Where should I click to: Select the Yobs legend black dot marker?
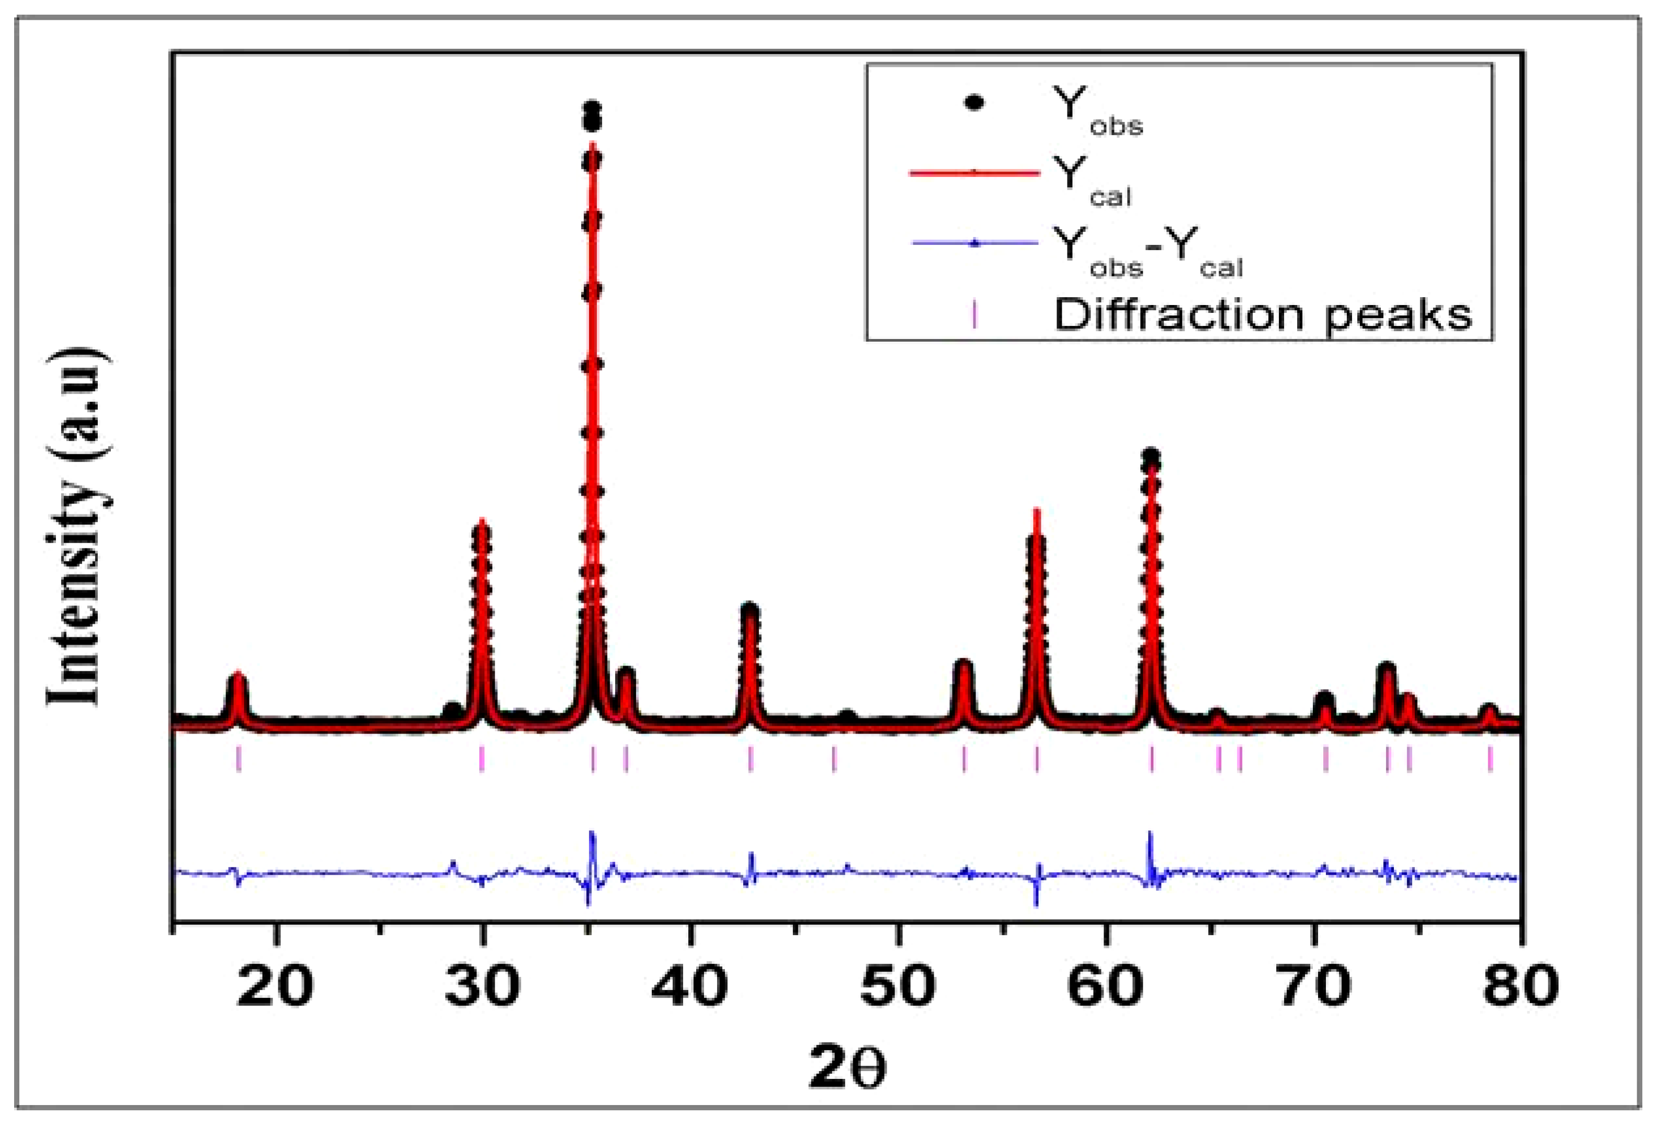pos(974,104)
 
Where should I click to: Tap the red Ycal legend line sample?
pos(974,173)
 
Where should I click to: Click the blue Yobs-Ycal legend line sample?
pos(974,243)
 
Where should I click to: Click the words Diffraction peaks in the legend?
pos(1263,314)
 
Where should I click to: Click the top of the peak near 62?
pos(1150,455)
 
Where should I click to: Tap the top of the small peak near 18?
pos(238,674)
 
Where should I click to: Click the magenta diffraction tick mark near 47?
pos(834,758)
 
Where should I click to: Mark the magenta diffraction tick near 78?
pos(1490,758)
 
